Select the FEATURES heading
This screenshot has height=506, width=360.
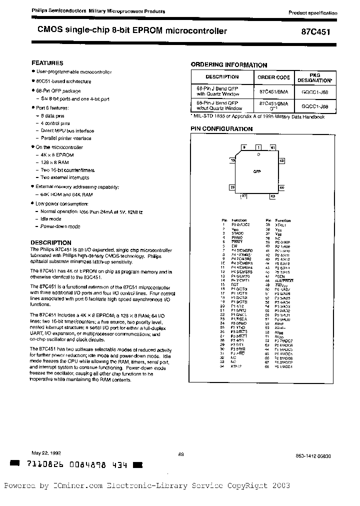(47, 63)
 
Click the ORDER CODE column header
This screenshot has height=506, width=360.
(273, 77)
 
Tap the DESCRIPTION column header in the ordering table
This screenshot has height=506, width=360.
(222, 77)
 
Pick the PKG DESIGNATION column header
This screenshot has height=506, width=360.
(314, 77)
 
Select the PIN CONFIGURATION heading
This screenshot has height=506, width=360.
(222, 128)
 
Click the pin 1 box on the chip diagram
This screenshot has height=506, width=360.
(258, 147)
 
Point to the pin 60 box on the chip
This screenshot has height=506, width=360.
(282, 160)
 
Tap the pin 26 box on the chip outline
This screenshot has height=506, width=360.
(232, 187)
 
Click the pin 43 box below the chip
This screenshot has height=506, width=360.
(272, 196)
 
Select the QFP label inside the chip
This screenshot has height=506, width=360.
(257, 171)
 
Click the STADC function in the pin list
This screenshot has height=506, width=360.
(237, 233)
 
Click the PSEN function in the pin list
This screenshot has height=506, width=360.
(280, 275)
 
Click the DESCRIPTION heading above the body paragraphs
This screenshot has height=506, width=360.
(51, 242)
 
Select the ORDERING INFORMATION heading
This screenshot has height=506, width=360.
(229, 64)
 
